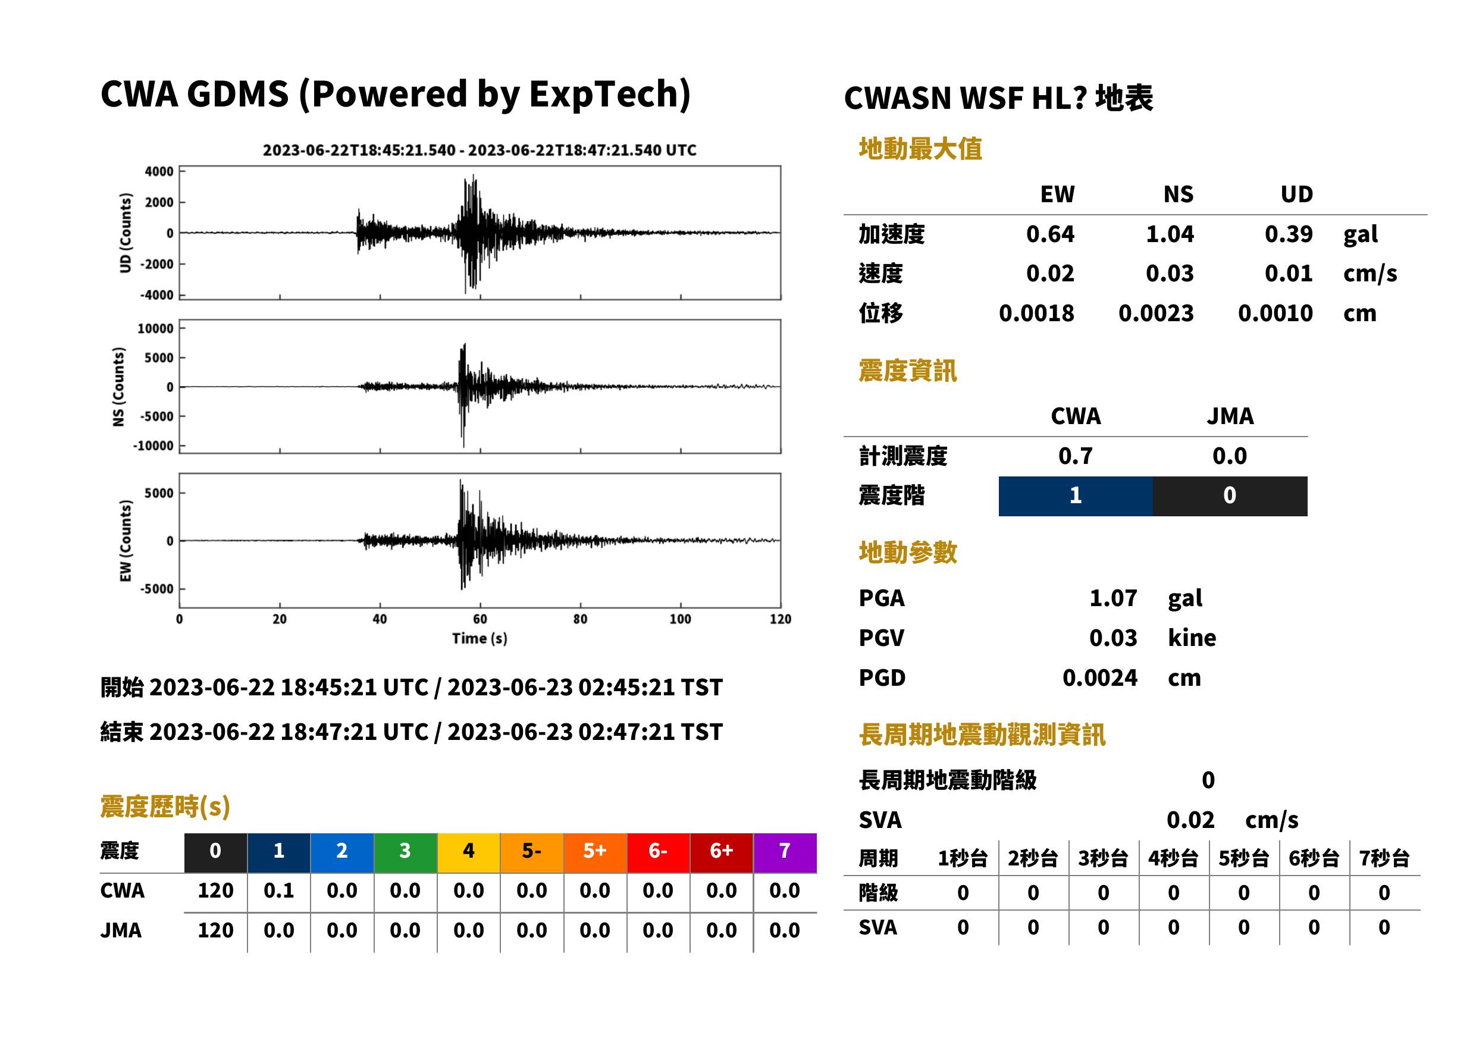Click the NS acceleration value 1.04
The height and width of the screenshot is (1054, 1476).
(1169, 234)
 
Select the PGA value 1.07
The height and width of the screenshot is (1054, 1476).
(1113, 598)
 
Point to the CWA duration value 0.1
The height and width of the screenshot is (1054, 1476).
(278, 890)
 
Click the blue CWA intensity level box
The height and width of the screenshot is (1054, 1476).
(1076, 496)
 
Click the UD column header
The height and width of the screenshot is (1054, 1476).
(1296, 194)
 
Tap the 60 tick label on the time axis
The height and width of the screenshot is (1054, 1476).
(480, 619)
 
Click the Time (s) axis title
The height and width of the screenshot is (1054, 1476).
(480, 638)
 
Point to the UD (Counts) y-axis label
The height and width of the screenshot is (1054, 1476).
(126, 233)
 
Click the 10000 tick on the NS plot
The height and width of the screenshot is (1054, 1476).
(155, 328)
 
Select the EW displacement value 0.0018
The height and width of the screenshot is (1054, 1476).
(1036, 313)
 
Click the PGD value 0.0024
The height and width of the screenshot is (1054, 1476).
(1099, 677)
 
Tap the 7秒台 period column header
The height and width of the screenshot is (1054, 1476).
(1384, 858)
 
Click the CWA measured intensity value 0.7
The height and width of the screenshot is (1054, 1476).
(1076, 456)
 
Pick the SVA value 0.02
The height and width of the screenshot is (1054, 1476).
(1190, 820)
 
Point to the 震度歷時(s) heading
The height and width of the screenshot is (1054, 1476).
(165, 806)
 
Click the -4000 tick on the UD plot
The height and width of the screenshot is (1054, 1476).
(157, 294)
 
